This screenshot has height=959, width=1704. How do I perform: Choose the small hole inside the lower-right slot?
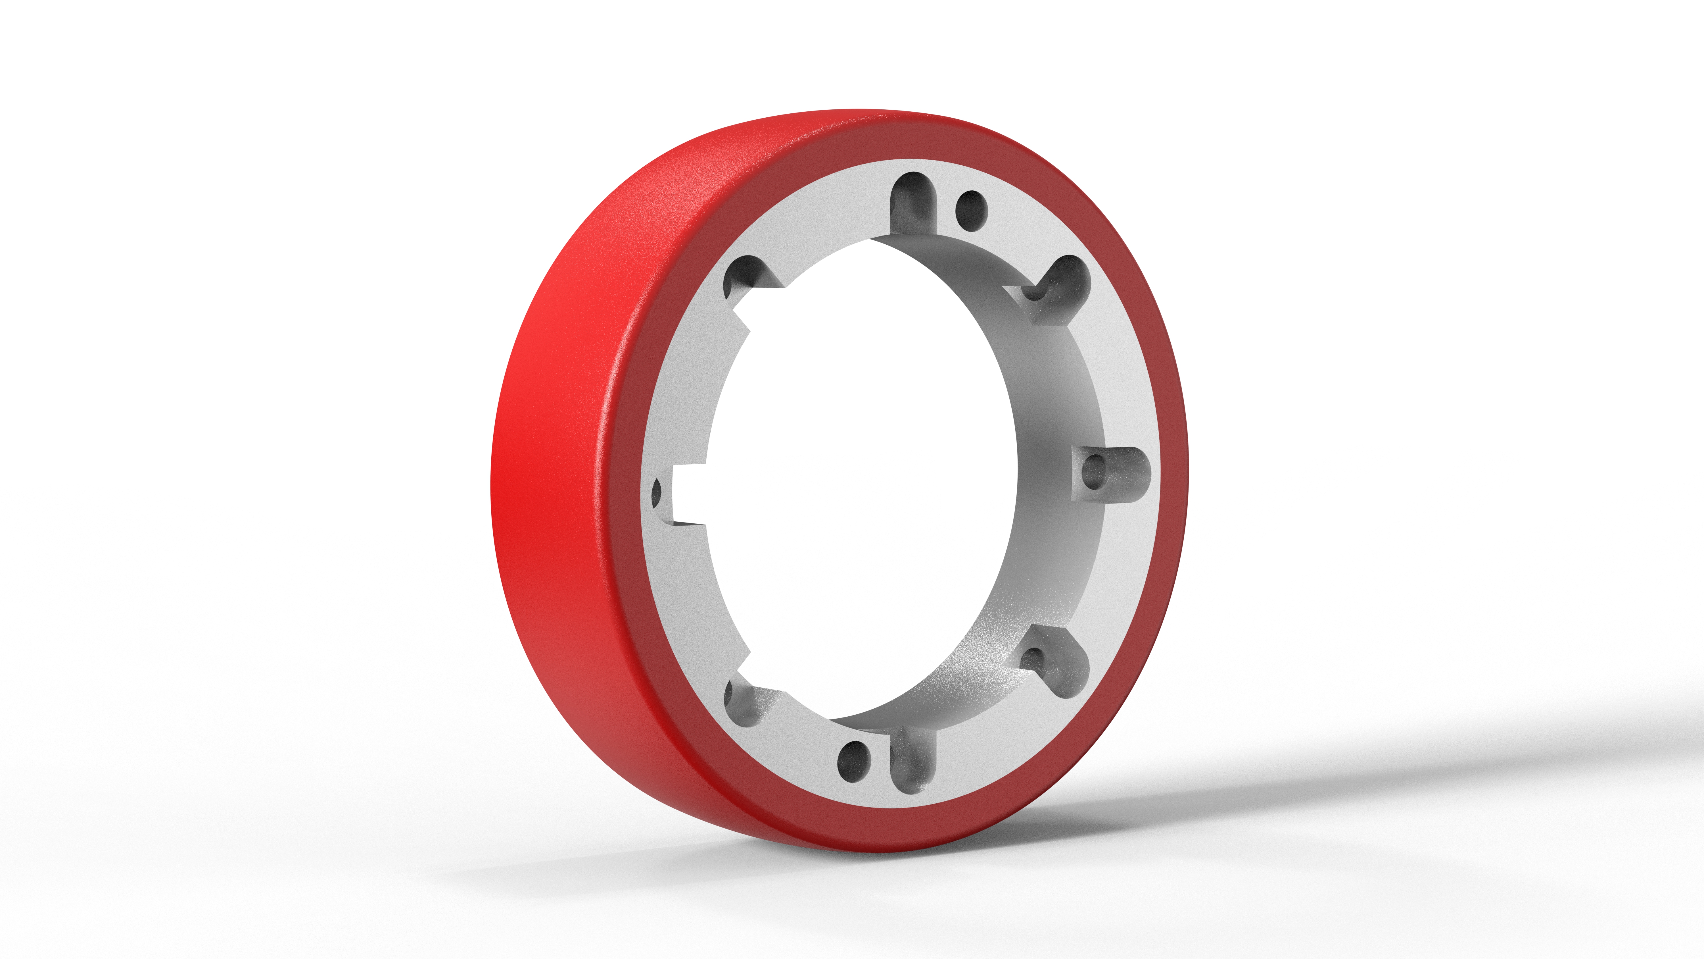1032,659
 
